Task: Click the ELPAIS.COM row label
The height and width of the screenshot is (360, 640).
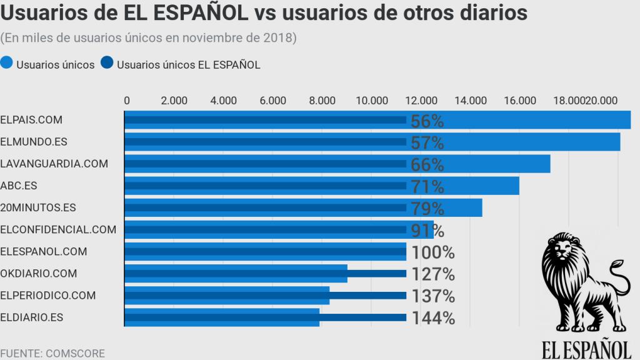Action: coord(31,120)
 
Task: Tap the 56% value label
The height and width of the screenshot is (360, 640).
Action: coord(427,121)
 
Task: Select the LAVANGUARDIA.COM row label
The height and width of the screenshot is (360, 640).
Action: coord(54,164)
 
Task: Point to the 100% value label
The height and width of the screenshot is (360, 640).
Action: coord(432,252)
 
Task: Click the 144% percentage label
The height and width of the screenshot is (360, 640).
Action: coord(432,318)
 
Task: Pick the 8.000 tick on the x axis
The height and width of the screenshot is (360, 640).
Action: coord(322,100)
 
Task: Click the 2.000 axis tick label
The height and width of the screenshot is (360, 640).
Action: coord(174,100)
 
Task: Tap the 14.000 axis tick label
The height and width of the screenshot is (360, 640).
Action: coord(470,100)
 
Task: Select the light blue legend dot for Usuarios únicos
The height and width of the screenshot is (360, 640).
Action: coord(7,64)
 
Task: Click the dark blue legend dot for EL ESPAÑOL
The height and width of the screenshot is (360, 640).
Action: coord(106,64)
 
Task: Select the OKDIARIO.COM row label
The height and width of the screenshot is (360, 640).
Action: coord(39,273)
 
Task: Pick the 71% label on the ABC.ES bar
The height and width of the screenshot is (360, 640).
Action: coord(427,186)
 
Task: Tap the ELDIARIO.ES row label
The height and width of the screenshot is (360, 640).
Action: coord(32,317)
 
